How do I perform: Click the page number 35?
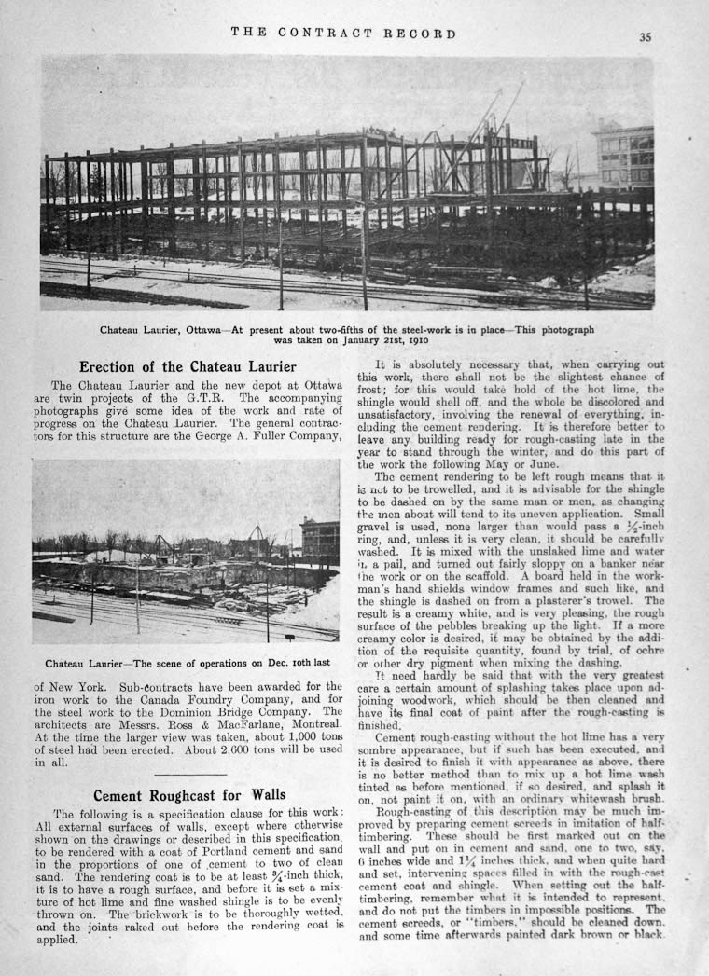tap(646, 37)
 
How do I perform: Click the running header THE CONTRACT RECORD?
tap(344, 34)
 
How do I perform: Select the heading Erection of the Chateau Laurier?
tap(188, 366)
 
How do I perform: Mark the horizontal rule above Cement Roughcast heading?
tap(190, 774)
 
